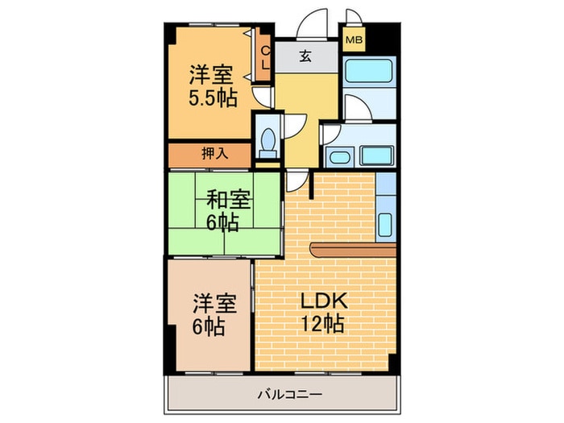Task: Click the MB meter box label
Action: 354,39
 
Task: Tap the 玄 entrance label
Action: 306,56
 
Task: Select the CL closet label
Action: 264,56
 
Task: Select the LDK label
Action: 323,302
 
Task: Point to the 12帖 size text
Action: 323,324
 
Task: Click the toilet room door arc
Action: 291,122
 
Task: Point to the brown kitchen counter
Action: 355,253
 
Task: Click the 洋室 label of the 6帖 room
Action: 214,305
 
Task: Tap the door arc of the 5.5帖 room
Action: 263,94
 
